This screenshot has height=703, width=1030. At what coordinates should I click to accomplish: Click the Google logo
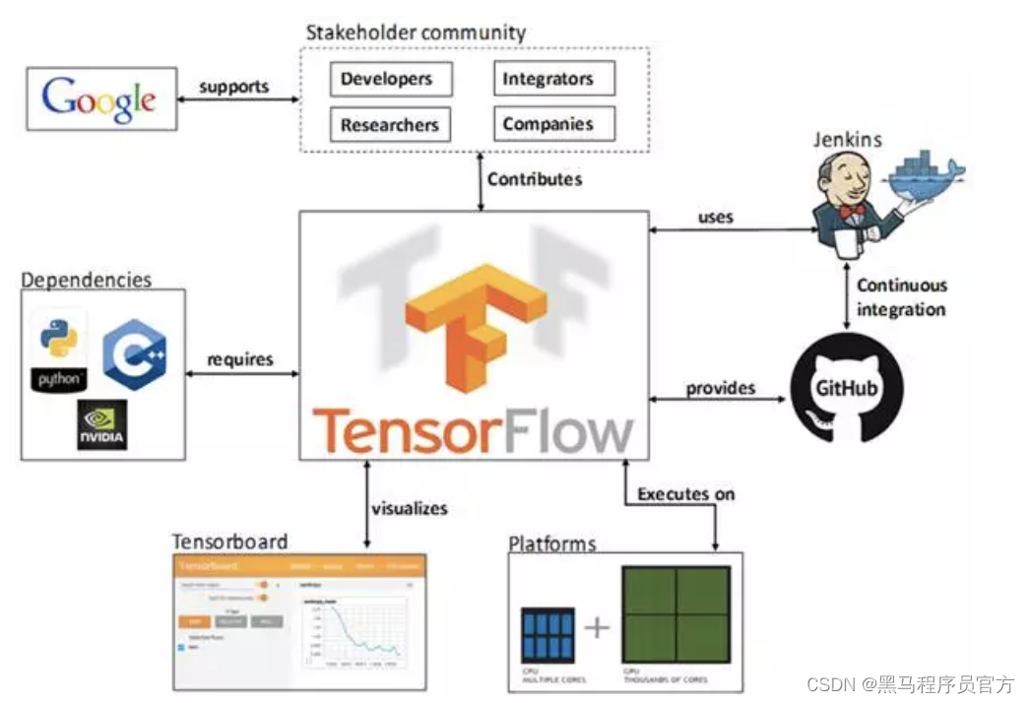point(99,99)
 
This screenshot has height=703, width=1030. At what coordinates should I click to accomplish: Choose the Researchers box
point(390,125)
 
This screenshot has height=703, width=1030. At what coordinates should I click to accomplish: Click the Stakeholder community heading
point(415,32)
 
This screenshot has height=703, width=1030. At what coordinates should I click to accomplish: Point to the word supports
point(233,87)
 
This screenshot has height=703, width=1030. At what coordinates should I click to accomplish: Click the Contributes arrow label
point(534,179)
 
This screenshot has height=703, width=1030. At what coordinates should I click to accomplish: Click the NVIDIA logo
point(102,425)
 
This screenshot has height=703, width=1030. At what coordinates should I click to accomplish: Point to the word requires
point(239,359)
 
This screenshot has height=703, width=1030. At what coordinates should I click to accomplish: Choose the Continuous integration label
point(900,297)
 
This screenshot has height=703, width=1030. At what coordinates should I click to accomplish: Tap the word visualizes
point(409,509)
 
